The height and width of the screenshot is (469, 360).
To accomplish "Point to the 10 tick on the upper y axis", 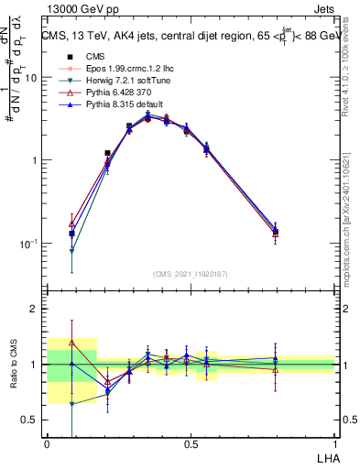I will (31, 78).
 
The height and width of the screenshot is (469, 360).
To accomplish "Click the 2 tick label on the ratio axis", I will (34, 310).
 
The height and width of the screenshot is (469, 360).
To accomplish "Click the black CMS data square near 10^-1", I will (71, 234).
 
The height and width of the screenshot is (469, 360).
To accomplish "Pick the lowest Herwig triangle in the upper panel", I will (71, 250).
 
